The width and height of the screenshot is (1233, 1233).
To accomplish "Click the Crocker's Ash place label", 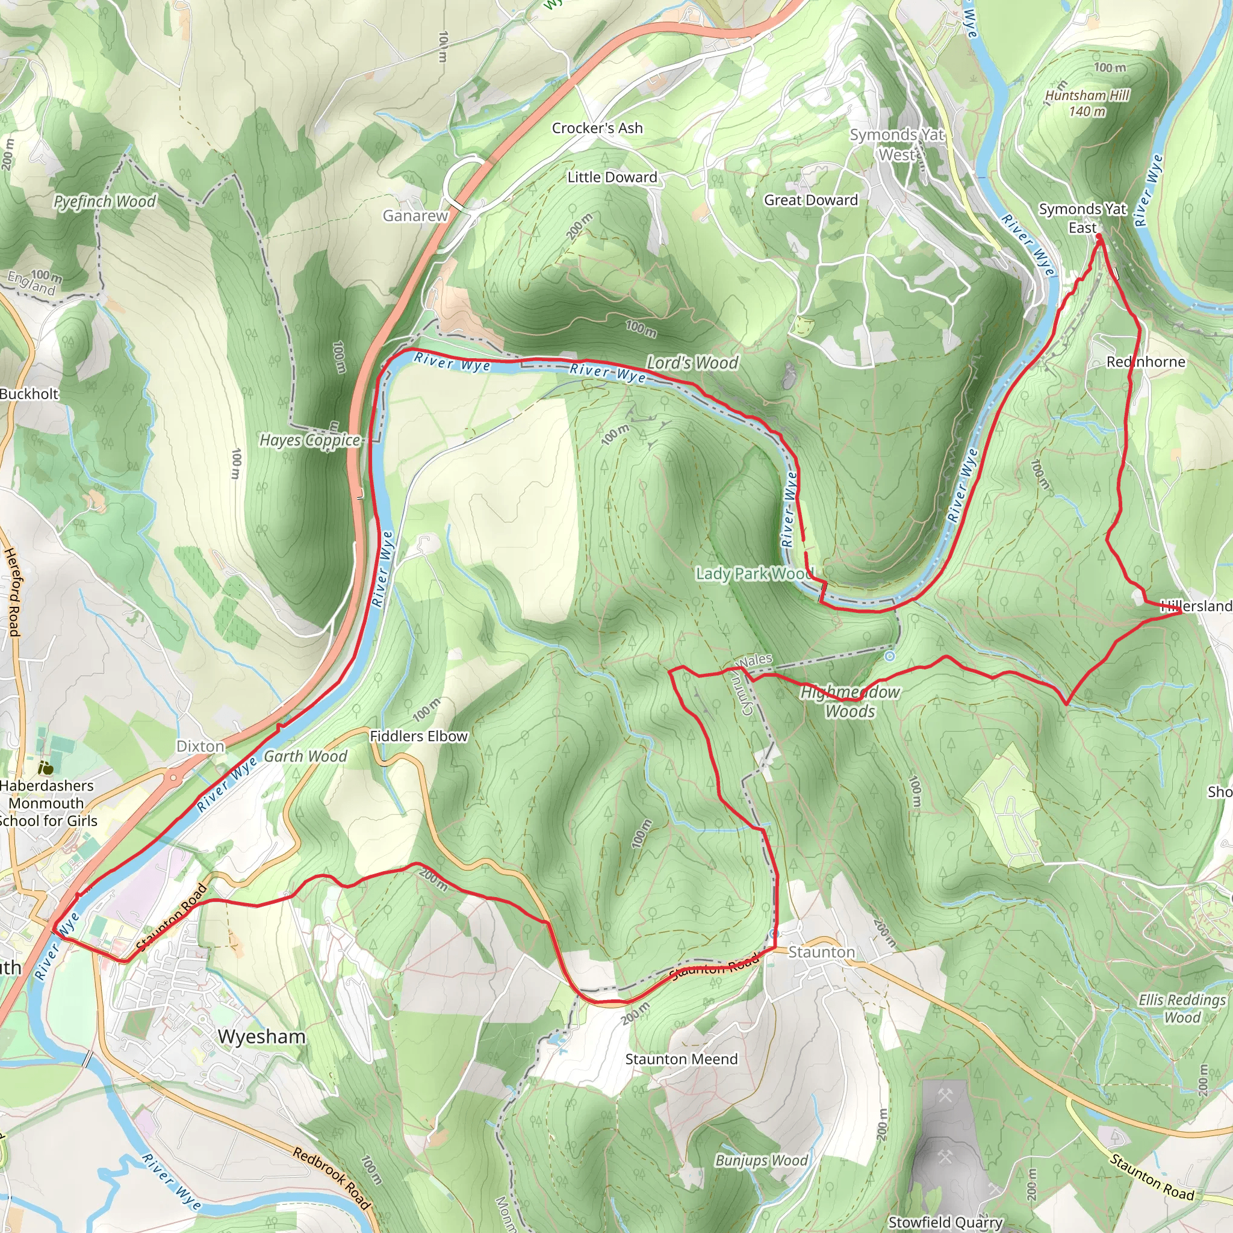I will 597,128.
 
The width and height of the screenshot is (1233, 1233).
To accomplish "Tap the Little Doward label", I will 612,178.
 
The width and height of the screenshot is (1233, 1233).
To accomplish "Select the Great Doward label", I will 810,200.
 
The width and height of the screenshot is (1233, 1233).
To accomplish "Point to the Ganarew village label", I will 415,216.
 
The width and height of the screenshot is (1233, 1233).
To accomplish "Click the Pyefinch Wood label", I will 105,202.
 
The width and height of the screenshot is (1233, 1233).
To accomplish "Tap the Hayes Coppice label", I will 309,440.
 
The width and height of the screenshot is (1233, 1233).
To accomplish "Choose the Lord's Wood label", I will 692,362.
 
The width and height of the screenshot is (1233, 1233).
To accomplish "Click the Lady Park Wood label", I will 754,574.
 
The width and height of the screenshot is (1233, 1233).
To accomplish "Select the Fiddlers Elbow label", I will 418,736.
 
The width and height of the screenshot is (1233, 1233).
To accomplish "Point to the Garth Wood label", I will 305,756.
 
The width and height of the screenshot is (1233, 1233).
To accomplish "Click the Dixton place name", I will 200,746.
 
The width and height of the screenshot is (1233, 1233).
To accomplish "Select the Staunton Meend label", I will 681,1059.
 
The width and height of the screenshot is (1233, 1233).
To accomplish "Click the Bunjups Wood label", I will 762,1160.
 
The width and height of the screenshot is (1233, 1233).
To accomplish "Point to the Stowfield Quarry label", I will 945,1222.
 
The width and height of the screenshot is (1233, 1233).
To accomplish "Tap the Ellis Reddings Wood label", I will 1182,1008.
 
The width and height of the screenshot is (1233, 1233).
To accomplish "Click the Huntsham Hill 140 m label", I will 1087,104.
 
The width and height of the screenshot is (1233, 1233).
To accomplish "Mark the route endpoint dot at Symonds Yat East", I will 1099,237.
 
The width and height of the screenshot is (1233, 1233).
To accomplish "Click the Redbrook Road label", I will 331,1178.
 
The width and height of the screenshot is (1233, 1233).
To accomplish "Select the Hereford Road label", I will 13,592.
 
